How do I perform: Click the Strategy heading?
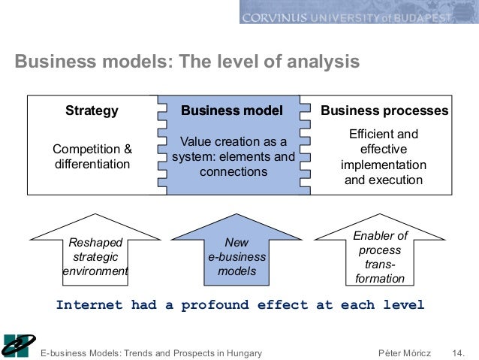point(92,111)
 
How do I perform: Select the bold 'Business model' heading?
point(232,111)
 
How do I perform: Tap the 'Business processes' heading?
point(384,111)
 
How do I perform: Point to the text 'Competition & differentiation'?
point(92,156)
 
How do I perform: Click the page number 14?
point(458,352)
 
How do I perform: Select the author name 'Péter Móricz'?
point(406,352)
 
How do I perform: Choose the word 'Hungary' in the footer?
point(242,352)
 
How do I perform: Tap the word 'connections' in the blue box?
point(233,171)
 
